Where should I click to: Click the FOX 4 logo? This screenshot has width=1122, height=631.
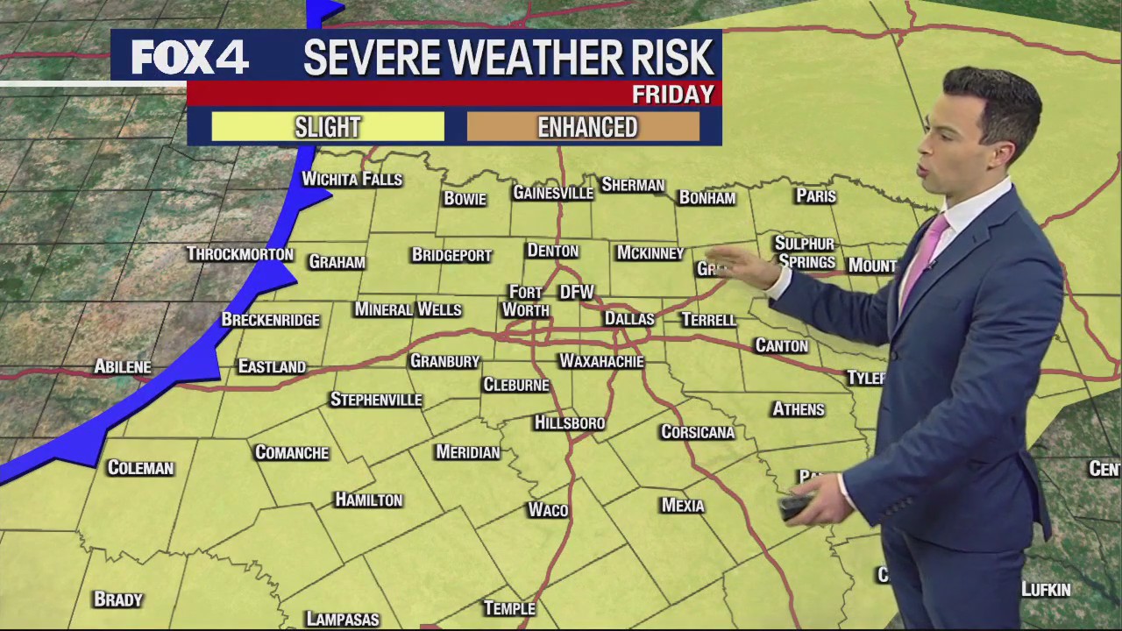[189, 59]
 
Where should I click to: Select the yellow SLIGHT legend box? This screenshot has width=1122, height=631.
[328, 128]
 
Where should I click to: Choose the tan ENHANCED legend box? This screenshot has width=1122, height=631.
[586, 128]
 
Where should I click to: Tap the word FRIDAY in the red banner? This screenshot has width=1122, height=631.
[672, 95]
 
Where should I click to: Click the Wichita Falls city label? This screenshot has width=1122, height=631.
[352, 180]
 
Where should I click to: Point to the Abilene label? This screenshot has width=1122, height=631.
[123, 367]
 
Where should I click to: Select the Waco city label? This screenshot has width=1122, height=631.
[548, 510]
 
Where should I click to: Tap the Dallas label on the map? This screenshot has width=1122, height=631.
[629, 319]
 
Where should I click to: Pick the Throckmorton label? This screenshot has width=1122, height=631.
[239, 254]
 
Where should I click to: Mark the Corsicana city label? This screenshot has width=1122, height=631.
[698, 432]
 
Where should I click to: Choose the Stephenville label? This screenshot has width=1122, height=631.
[376, 400]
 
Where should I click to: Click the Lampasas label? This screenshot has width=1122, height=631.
[343, 620]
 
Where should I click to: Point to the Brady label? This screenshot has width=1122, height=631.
[118, 599]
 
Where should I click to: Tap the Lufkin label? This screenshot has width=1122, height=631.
[1046, 590]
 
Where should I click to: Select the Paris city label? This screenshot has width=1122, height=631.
[816, 196]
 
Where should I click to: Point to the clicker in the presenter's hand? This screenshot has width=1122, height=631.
[796, 507]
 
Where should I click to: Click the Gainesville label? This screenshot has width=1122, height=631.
[553, 193]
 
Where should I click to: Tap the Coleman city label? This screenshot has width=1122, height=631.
[140, 468]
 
